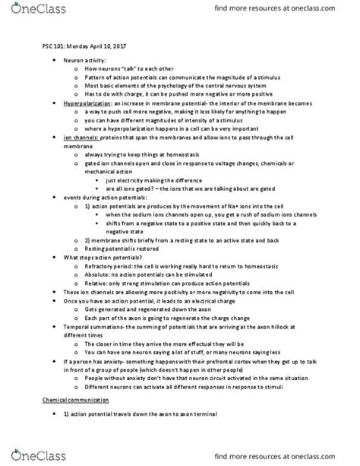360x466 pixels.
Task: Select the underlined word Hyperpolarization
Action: point(86,103)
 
